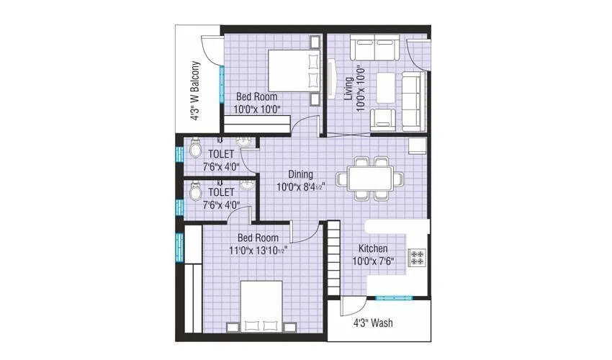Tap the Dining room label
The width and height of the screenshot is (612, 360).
click(x=300, y=174)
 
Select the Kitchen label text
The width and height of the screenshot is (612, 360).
click(x=377, y=248)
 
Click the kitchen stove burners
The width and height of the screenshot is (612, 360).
click(x=417, y=258)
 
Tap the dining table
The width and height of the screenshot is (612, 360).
click(x=370, y=176)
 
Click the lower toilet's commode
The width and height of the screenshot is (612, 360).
click(x=194, y=193)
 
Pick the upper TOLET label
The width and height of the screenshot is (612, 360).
click(x=221, y=154)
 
